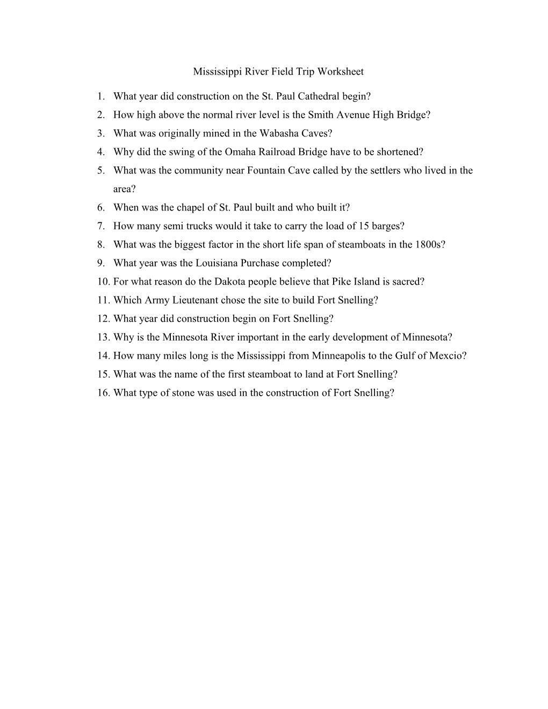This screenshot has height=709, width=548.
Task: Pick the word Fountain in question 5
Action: [264, 170]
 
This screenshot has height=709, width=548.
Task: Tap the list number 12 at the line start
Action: [104, 319]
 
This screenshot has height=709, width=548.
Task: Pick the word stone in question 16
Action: [183, 393]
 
